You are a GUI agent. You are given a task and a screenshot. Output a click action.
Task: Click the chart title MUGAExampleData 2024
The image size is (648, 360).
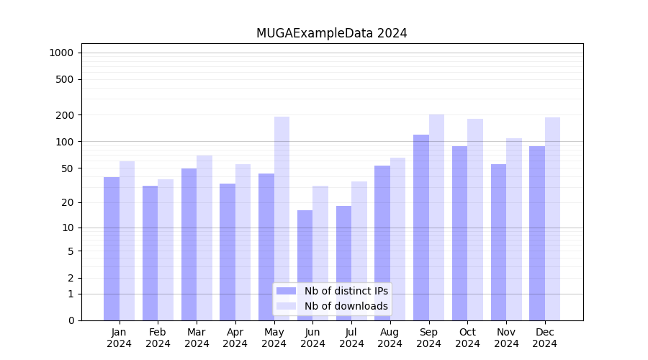(x=331, y=33)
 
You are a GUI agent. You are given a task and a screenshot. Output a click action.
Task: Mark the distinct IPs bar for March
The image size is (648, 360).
(x=189, y=244)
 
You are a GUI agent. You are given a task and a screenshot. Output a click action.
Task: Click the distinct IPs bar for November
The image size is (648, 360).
(x=498, y=242)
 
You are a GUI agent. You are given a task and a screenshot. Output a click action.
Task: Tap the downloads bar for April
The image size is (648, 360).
(x=243, y=242)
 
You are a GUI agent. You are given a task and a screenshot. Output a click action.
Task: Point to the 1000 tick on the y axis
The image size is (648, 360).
(x=61, y=53)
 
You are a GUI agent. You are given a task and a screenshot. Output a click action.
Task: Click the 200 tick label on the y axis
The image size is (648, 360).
(x=66, y=115)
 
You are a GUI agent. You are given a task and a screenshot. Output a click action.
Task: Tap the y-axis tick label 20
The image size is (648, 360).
(x=68, y=202)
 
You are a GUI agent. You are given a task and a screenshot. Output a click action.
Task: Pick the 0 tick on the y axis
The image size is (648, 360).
(x=71, y=320)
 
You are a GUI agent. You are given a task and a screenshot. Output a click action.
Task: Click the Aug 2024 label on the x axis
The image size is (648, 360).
(x=390, y=338)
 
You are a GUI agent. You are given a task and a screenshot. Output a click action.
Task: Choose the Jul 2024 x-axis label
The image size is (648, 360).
(x=351, y=338)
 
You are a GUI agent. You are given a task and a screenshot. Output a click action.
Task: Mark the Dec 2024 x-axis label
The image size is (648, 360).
(x=545, y=338)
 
